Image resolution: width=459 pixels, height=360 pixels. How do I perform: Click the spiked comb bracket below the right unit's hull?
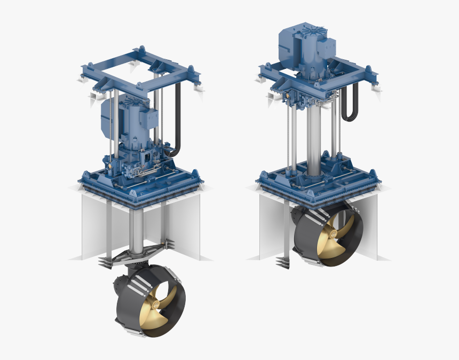coord(283,263)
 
